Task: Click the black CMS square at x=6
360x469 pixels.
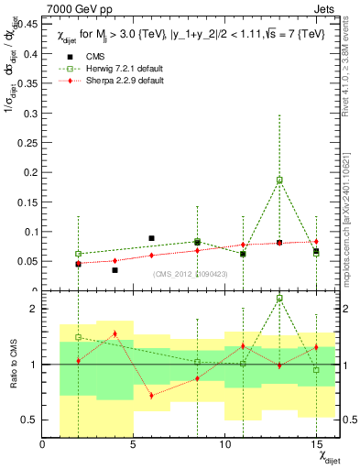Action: (x=151, y=238)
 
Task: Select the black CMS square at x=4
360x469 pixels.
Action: (x=115, y=270)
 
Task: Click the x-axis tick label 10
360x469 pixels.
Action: (x=224, y=444)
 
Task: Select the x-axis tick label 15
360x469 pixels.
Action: (x=316, y=444)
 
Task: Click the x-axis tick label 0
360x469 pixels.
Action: (x=42, y=444)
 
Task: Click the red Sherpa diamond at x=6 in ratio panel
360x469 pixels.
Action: (x=151, y=396)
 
